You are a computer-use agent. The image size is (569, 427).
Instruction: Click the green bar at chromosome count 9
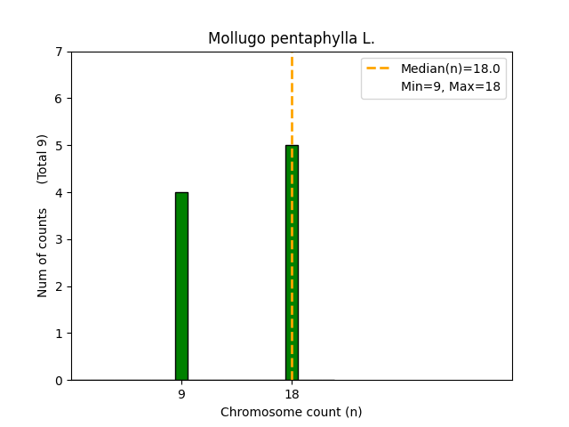click(181, 286)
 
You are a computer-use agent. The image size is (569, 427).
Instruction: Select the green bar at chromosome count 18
click(292, 262)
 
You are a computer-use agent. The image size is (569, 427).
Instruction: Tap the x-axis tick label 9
click(181, 394)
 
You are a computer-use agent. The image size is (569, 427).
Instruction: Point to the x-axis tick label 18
click(292, 394)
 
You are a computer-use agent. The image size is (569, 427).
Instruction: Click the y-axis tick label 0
click(60, 381)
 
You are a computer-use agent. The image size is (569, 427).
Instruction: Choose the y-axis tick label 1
click(60, 334)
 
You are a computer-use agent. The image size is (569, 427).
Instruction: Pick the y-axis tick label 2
click(60, 286)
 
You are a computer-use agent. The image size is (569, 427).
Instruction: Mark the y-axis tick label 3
click(60, 239)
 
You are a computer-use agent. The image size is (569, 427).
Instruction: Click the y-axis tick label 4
click(60, 193)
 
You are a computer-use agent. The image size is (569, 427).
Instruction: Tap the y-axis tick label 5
click(60, 146)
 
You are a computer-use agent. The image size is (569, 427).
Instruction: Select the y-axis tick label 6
click(60, 99)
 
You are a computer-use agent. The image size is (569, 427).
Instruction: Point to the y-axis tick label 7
click(60, 52)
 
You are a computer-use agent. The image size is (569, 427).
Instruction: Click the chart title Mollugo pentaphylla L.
click(292, 39)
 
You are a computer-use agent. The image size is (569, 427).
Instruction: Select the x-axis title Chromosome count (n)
click(292, 412)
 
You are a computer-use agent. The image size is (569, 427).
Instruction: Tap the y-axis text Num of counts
click(43, 252)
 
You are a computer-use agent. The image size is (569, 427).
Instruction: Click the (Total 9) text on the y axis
click(43, 158)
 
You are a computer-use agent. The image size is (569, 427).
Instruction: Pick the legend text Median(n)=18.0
click(450, 68)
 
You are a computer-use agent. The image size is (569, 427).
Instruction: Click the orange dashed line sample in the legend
click(380, 68)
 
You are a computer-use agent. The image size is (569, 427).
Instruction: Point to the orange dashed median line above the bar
click(292, 98)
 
